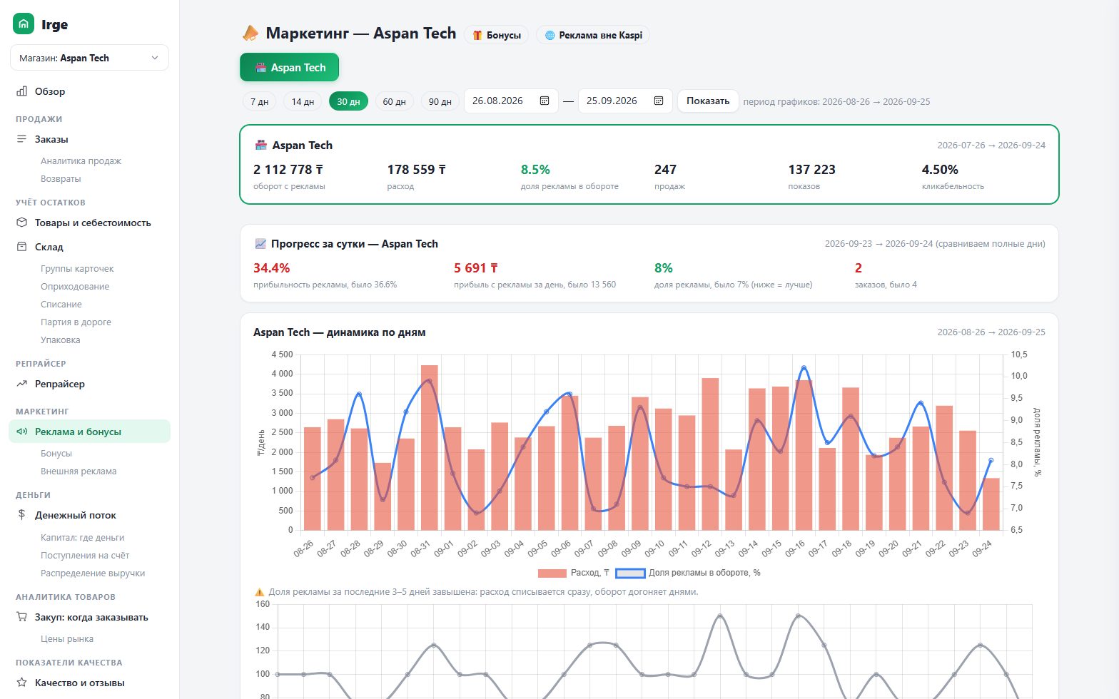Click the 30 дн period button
pyautogui.click(x=348, y=101)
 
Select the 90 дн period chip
pyautogui.click(x=440, y=101)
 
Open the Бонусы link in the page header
pyautogui.click(x=497, y=35)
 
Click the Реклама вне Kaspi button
pyautogui.click(x=593, y=35)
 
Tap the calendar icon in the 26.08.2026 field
pyautogui.click(x=545, y=101)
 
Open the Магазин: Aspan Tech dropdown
pyautogui.click(x=89, y=58)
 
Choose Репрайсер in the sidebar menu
pyautogui.click(x=59, y=384)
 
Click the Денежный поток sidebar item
pyautogui.click(x=75, y=515)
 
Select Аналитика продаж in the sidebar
pyautogui.click(x=81, y=160)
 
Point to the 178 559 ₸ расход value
pyautogui.click(x=416, y=170)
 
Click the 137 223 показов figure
pyautogui.click(x=812, y=170)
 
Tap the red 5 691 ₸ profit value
pyautogui.click(x=475, y=268)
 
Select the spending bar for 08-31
pyautogui.click(x=429, y=448)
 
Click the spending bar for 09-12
pyautogui.click(x=710, y=454)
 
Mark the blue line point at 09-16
pyautogui.click(x=804, y=368)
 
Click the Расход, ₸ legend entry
pyautogui.click(x=574, y=573)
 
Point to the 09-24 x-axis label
pyautogui.click(x=982, y=549)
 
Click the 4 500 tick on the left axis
pyautogui.click(x=283, y=354)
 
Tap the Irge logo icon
pyautogui.click(x=24, y=24)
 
